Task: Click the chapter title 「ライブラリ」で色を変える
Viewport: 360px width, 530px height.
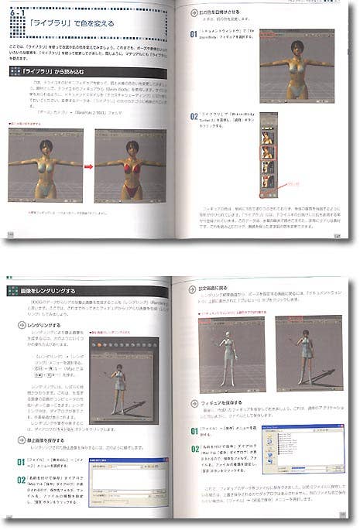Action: tap(78, 24)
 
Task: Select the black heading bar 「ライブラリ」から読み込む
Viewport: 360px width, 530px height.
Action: tap(46, 72)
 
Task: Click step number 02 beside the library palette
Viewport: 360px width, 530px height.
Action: tap(194, 117)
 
